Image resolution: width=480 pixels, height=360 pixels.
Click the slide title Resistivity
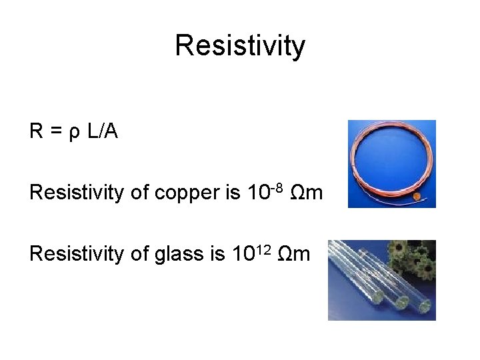[240, 46]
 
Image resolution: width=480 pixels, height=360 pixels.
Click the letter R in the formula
[37, 131]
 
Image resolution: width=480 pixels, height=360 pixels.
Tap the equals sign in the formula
[56, 132]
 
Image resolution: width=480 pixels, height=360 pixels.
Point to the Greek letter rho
[74, 133]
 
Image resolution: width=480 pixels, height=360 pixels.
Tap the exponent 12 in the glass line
[262, 248]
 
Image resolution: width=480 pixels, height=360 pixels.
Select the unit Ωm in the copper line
[307, 193]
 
